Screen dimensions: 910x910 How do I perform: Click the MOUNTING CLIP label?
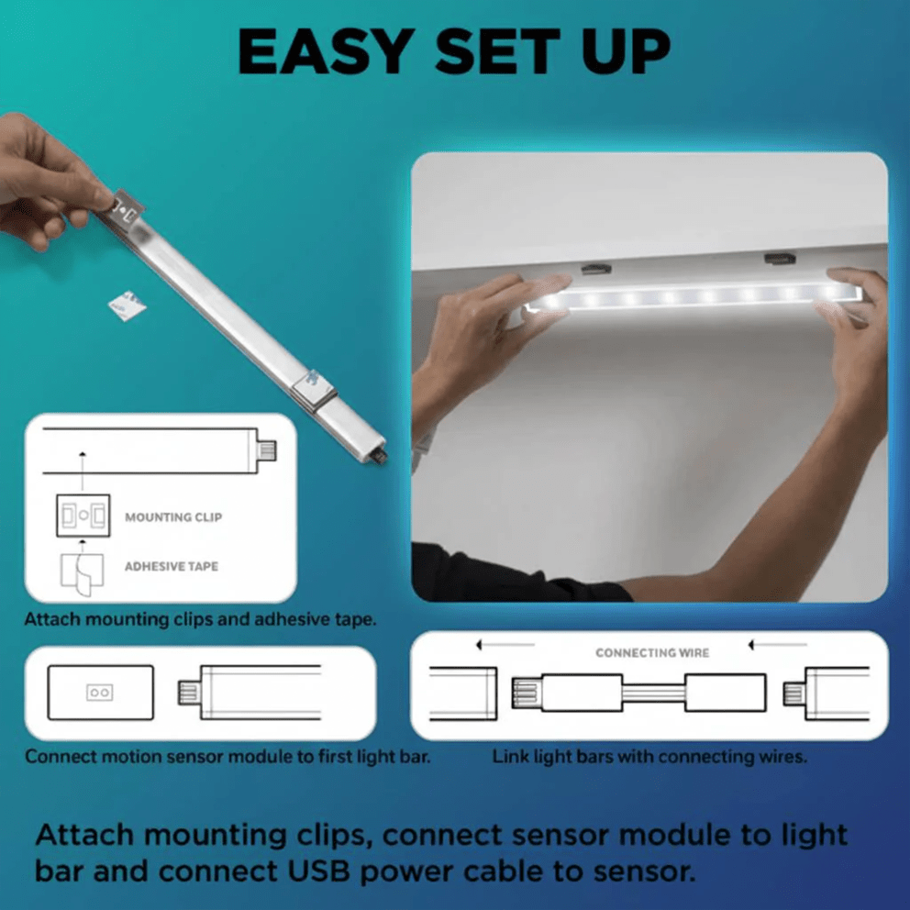pos(173,517)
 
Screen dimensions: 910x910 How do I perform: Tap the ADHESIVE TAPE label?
pos(172,567)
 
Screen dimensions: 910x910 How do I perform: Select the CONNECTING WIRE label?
pos(652,653)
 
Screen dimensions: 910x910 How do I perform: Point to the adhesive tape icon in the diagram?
pos(82,570)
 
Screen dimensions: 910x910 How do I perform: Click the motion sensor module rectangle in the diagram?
pos(100,693)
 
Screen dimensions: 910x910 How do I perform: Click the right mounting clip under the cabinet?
pos(781,261)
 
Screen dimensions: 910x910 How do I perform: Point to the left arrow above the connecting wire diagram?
pos(505,646)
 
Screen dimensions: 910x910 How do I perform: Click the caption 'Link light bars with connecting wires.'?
pos(649,758)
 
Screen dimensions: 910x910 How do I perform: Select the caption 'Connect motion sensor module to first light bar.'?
pos(227,758)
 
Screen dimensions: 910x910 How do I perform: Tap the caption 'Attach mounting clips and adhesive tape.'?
pos(200,619)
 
